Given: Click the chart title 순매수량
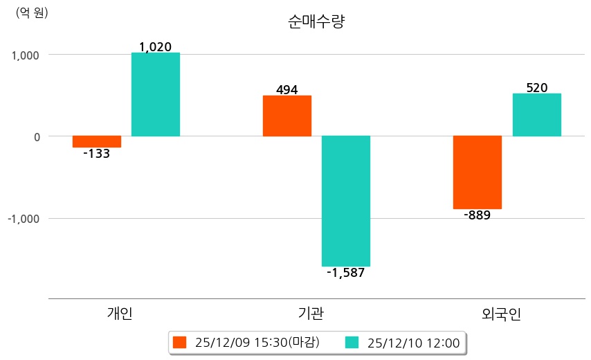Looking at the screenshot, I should [x=316, y=21].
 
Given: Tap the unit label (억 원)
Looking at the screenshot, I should [x=32, y=12].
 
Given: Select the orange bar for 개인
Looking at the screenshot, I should [x=96, y=141].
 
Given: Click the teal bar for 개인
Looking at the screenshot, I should [x=155, y=94].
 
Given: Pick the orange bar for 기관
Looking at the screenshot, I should [x=287, y=116].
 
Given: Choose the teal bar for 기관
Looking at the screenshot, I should [x=345, y=201].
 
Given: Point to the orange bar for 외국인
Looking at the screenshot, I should [x=477, y=172].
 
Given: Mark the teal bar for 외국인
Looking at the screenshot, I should [x=536, y=115].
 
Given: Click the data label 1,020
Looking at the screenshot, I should [x=155, y=47].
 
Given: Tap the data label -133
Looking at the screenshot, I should [x=96, y=154].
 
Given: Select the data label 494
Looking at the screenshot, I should [x=287, y=90].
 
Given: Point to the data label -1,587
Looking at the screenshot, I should [x=345, y=273].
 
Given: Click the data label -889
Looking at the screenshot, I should [x=477, y=215].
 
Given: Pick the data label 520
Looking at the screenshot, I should [x=536, y=88].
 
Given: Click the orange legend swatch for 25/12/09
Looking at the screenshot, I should [x=180, y=342].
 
